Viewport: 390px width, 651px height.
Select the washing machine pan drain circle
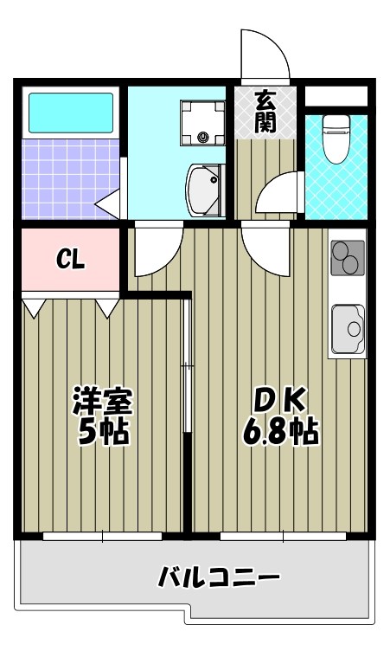[x=203, y=136]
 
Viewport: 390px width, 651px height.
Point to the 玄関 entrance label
[x=265, y=112]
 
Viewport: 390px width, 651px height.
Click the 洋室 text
[x=102, y=402]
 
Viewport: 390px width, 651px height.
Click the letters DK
[x=278, y=400]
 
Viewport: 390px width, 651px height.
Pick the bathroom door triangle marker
[x=107, y=205]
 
